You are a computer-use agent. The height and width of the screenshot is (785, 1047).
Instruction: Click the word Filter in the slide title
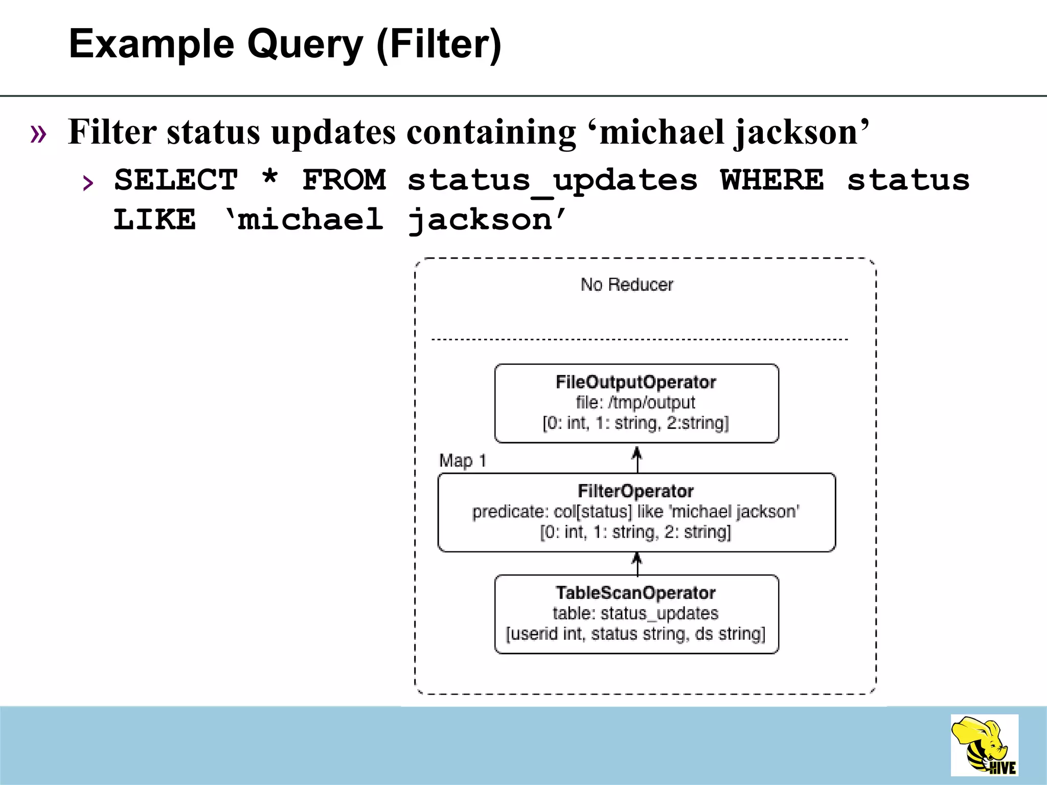pyautogui.click(x=439, y=44)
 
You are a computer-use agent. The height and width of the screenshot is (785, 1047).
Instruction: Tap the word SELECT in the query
pyautogui.click(x=176, y=180)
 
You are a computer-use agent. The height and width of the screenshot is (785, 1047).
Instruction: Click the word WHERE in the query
pyautogui.click(x=772, y=180)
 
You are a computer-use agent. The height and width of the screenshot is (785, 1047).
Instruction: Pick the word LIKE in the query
pyautogui.click(x=154, y=220)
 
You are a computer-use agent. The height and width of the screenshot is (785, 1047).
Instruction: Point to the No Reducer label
pyautogui.click(x=627, y=285)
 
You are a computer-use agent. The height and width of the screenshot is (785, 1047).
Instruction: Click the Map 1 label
pyautogui.click(x=463, y=461)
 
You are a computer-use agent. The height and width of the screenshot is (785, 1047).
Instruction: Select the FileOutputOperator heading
pyautogui.click(x=636, y=382)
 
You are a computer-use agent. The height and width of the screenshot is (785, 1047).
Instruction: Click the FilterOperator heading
pyautogui.click(x=636, y=491)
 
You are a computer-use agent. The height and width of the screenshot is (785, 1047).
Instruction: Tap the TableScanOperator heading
pyautogui.click(x=636, y=593)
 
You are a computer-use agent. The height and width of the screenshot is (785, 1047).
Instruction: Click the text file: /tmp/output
pyautogui.click(x=636, y=403)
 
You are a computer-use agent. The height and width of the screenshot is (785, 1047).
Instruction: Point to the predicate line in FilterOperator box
pyautogui.click(x=636, y=512)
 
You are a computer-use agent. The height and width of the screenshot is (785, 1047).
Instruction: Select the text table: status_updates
pyautogui.click(x=636, y=613)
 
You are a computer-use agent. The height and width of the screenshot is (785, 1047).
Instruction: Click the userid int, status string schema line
pyautogui.click(x=636, y=634)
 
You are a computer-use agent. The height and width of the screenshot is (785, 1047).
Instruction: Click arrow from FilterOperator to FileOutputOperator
pyautogui.click(x=637, y=458)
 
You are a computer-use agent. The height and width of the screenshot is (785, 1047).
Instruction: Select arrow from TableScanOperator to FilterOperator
pyautogui.click(x=637, y=564)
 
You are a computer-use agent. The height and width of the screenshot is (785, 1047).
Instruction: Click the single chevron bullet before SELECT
pyautogui.click(x=88, y=182)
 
